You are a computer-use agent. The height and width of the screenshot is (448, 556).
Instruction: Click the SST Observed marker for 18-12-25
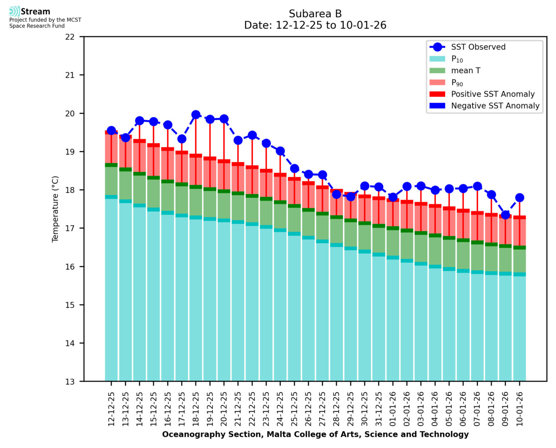[x=196, y=114]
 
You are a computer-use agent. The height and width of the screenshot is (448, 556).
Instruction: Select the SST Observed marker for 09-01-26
[x=505, y=215]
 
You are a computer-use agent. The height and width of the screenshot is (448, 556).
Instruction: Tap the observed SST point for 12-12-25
[x=111, y=131]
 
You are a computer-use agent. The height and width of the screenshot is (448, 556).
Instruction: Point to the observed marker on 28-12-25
[x=336, y=194]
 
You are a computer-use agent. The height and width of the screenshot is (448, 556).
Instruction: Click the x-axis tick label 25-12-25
[x=295, y=406]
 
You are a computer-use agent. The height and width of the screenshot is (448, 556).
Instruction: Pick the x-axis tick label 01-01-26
[x=393, y=406]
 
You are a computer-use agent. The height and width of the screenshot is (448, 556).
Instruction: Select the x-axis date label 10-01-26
[x=520, y=406]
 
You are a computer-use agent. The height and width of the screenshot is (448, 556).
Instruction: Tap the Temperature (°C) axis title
[x=56, y=209]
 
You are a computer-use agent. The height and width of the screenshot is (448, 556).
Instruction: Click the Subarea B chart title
[x=315, y=13]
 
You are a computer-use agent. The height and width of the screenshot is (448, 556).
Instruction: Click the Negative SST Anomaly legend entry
[x=496, y=106]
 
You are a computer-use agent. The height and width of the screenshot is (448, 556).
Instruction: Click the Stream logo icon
[x=14, y=12]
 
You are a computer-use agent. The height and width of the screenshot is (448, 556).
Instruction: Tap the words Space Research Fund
[x=37, y=26]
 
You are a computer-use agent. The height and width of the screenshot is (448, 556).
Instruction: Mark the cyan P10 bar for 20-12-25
[x=224, y=301]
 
